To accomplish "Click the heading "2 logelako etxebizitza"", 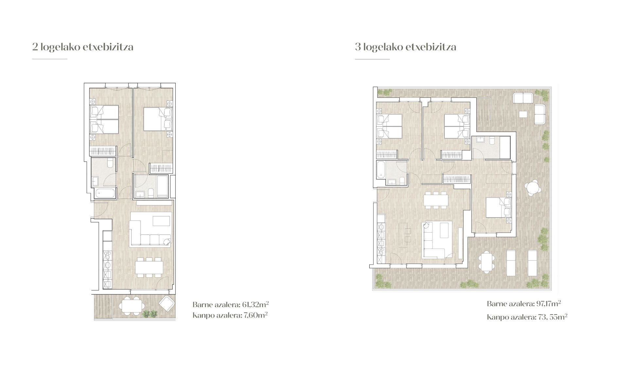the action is [x=83, y=47].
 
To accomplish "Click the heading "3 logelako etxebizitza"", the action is [x=406, y=47].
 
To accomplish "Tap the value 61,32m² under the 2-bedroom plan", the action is [x=255, y=305].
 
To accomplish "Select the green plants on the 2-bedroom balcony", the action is [x=150, y=314].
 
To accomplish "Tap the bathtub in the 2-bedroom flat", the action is [x=105, y=193].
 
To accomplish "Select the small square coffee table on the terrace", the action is [x=523, y=114].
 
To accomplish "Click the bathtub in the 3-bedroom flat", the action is [x=381, y=169].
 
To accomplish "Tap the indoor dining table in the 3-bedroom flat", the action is [x=435, y=200].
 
